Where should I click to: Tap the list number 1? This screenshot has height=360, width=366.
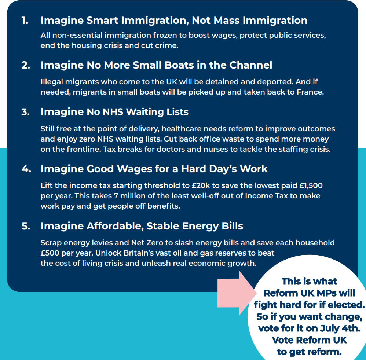(x=25, y=21)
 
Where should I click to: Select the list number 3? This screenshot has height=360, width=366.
(x=25, y=112)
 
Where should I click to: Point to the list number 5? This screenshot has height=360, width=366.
(x=25, y=226)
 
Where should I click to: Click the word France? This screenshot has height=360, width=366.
(x=310, y=92)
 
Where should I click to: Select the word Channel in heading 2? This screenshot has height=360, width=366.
(x=251, y=65)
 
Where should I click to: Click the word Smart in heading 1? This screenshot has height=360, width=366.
(x=99, y=21)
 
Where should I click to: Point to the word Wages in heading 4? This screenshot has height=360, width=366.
(x=127, y=169)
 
